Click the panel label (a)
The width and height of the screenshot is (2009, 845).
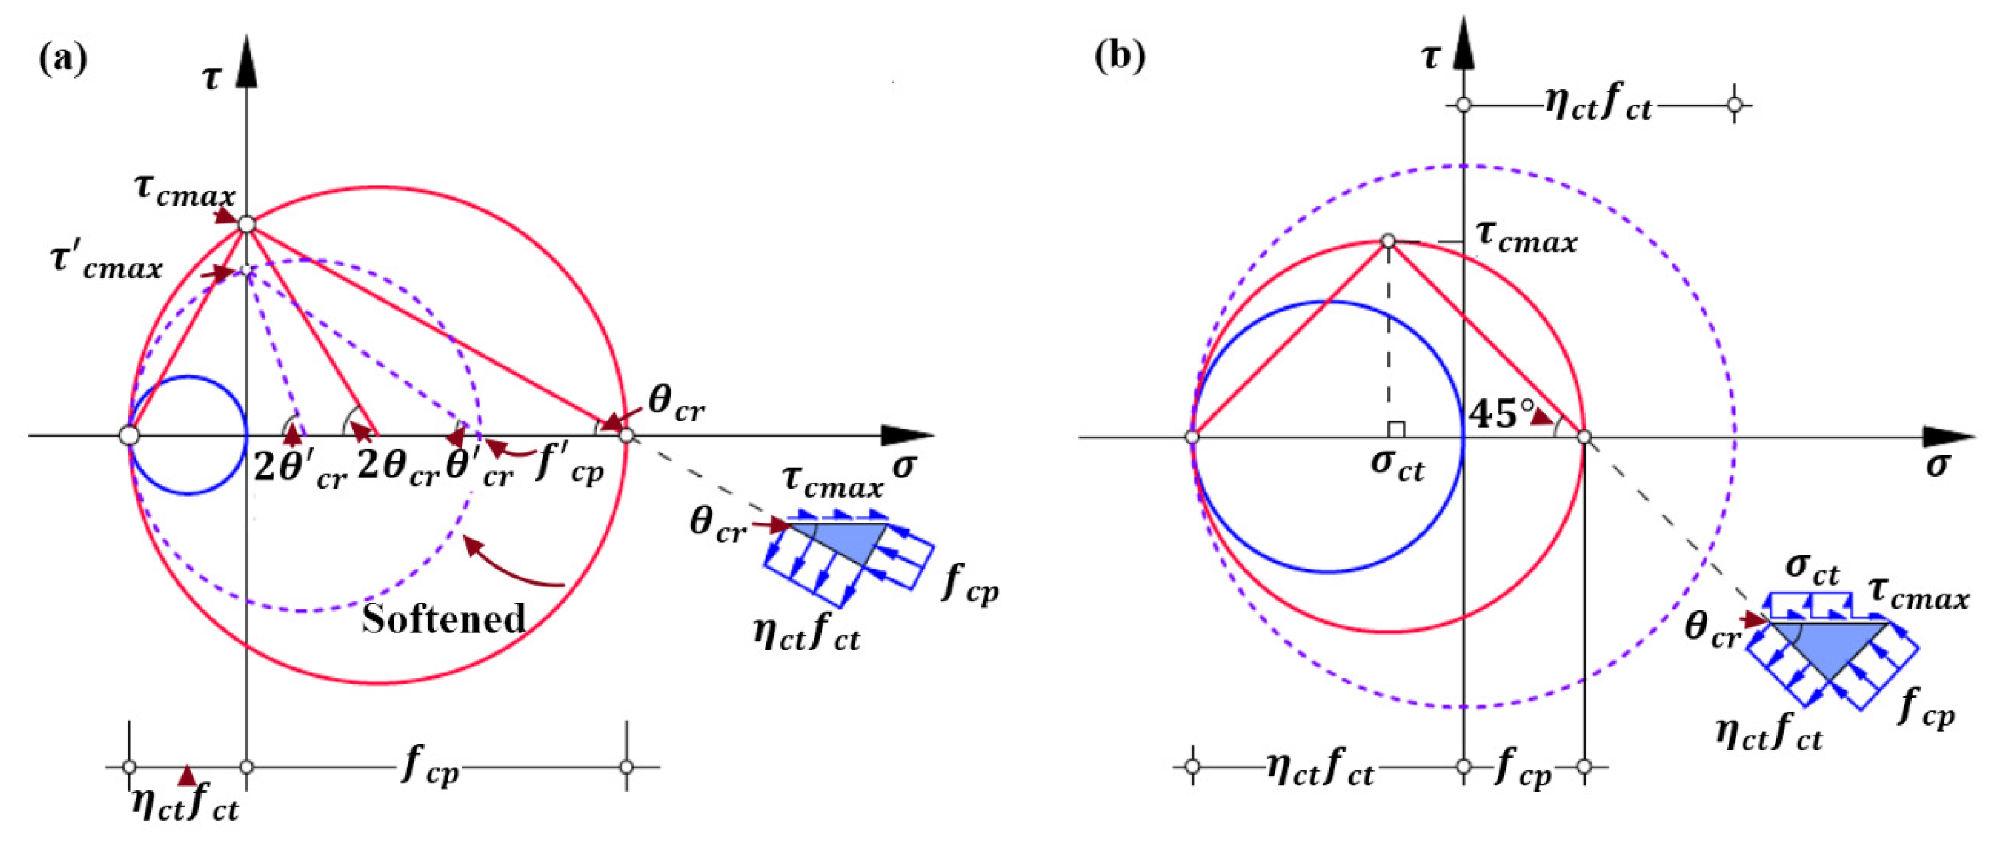(62, 59)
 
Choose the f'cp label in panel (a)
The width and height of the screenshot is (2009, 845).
(569, 468)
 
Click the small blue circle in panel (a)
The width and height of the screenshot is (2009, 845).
(188, 435)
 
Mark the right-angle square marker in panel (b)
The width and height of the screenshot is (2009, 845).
(1396, 429)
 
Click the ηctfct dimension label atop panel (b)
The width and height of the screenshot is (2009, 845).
(1598, 105)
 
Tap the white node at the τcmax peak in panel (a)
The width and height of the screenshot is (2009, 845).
(247, 224)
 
